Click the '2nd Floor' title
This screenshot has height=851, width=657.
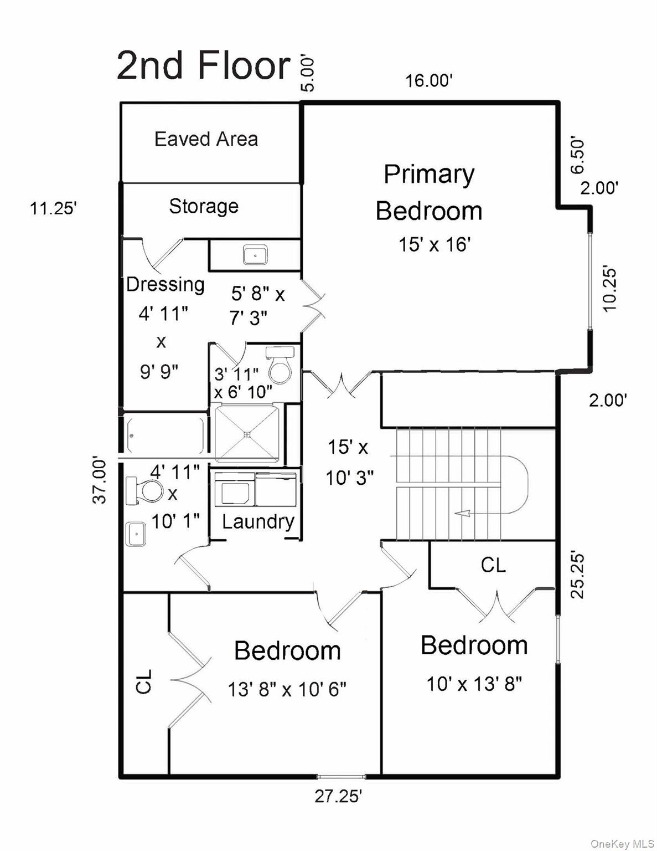[203, 65]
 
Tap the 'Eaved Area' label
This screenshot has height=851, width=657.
[206, 139]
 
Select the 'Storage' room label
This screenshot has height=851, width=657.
[203, 206]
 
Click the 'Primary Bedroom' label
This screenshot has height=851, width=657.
[429, 192]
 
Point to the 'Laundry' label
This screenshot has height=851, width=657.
[258, 521]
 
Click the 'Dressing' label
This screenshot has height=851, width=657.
[165, 284]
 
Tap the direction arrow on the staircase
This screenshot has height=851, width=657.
[462, 514]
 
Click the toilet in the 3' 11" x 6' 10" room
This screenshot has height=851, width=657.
[280, 366]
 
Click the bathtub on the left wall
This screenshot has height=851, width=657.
[164, 435]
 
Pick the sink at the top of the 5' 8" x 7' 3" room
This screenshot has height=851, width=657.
[255, 255]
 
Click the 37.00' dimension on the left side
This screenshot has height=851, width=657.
[99, 480]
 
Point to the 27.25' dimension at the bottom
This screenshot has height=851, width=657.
[338, 796]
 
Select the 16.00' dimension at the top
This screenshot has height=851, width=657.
[430, 81]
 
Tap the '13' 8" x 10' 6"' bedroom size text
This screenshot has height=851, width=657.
[287, 689]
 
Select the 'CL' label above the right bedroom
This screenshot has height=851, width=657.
[493, 565]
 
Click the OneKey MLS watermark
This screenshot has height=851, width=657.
[622, 843]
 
